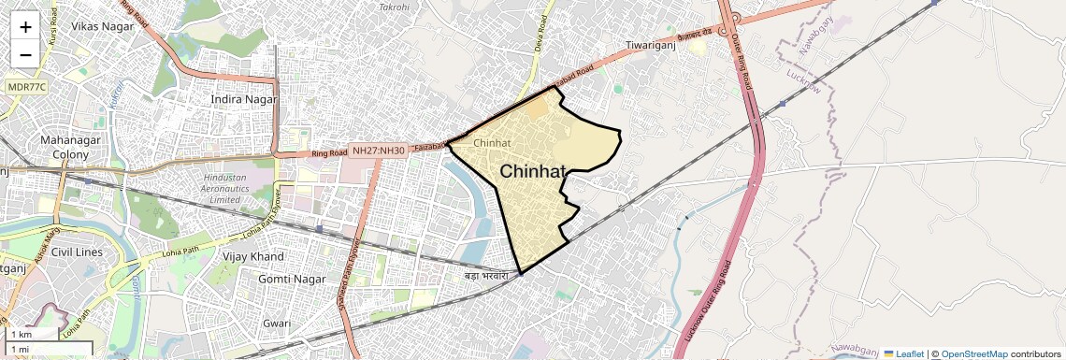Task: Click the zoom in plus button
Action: [x=25, y=27]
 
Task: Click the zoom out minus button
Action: [x=25, y=54]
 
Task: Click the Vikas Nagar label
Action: [x=103, y=26]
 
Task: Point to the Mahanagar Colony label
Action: [x=64, y=147]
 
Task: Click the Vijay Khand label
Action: [x=253, y=256]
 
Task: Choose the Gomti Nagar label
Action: [x=288, y=279]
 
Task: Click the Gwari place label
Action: [x=277, y=323]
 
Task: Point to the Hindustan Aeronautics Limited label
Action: [x=238, y=188]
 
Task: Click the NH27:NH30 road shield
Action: [x=379, y=150]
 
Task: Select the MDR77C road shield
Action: [x=27, y=87]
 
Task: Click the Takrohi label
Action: [x=394, y=7]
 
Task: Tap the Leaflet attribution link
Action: [x=903, y=353]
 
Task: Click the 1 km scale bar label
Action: [x=22, y=334]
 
